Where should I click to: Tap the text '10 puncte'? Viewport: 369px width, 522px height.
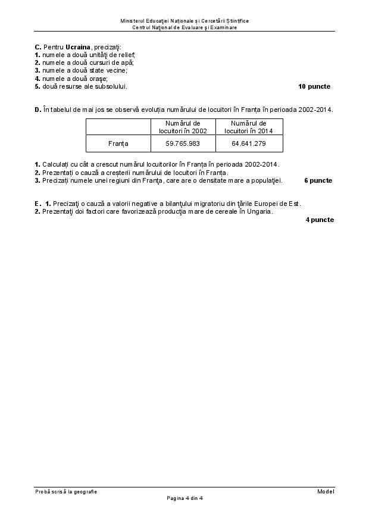point(314,86)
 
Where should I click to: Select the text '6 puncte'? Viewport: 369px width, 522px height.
point(318,180)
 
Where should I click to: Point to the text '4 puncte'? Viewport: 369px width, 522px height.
point(320,220)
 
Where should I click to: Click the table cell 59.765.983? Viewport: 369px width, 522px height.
point(183,143)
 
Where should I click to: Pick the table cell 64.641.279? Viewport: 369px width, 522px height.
point(249,143)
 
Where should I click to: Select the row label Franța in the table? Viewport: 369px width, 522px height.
point(118,143)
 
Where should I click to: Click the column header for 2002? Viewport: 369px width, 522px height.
point(183,127)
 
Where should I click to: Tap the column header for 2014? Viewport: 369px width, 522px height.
point(249,127)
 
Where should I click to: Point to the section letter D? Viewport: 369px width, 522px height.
point(37,110)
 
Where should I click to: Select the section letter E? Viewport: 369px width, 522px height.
point(37,204)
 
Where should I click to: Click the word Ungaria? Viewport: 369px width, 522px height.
point(259,211)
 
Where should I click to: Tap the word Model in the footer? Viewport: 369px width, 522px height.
point(326,491)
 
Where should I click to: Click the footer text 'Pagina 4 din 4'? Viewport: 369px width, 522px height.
point(185,498)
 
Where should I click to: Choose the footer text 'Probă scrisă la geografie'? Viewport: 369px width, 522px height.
point(65,491)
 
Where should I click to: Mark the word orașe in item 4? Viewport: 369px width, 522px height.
point(96,79)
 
